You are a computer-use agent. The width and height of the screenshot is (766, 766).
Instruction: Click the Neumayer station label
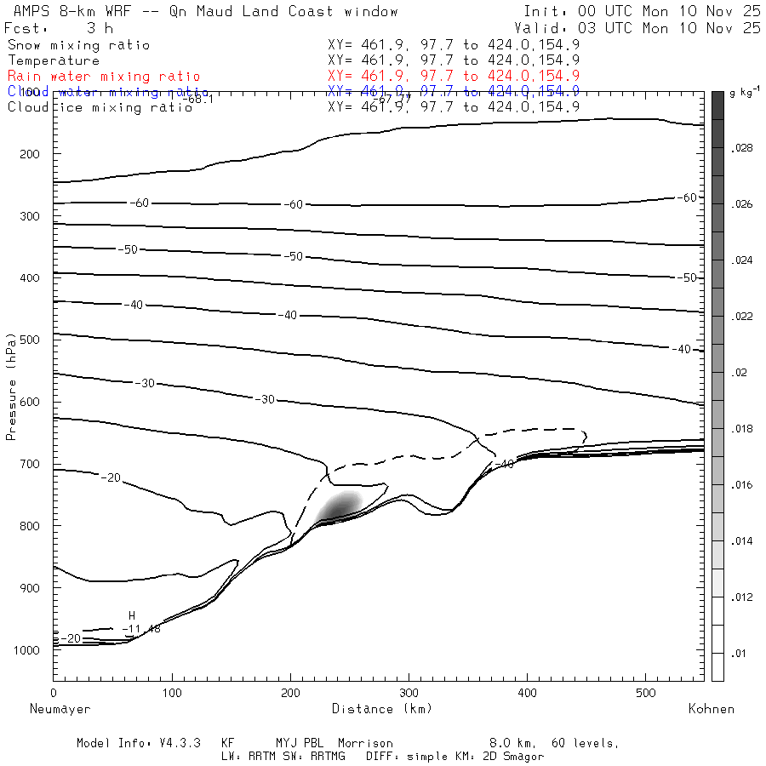click(60, 708)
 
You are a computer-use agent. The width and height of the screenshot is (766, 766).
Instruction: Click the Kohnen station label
click(711, 708)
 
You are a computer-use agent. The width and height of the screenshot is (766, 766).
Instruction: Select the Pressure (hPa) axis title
click(12, 397)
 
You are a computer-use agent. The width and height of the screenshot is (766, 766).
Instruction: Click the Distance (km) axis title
click(381, 708)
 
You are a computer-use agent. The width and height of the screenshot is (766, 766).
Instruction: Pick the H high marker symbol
click(132, 615)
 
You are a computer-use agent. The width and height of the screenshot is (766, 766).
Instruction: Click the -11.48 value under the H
click(141, 629)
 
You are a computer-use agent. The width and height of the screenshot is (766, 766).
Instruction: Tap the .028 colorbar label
click(741, 148)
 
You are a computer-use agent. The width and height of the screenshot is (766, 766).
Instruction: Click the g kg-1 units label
click(742, 91)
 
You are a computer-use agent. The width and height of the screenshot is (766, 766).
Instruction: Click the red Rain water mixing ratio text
click(104, 77)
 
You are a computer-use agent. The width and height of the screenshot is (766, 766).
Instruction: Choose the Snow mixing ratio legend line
click(78, 45)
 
